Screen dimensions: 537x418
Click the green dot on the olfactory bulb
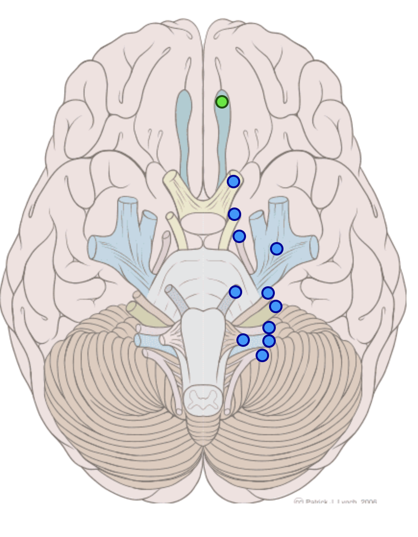[221, 102]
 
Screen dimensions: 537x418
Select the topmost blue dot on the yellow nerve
[234, 182]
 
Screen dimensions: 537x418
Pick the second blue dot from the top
[234, 214]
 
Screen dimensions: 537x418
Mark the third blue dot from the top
[239, 236]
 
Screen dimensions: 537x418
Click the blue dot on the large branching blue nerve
[276, 249]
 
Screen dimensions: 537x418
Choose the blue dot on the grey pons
[235, 292]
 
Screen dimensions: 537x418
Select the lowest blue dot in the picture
[262, 355]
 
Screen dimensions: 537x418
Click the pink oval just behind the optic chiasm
[203, 223]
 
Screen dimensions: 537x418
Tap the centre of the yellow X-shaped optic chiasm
[203, 204]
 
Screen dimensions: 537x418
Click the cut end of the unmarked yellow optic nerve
[171, 178]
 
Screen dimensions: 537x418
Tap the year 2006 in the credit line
[368, 502]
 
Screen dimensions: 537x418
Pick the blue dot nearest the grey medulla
[243, 340]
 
